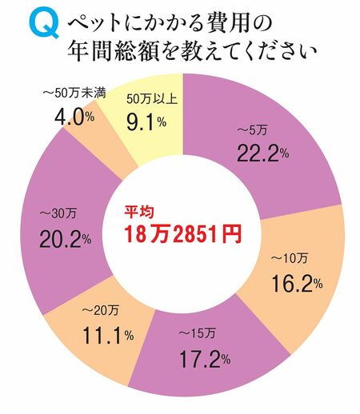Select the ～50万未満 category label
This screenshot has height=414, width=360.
pos(71,91)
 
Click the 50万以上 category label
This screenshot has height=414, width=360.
pos(151,100)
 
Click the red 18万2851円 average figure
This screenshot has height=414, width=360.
pos(182,234)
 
